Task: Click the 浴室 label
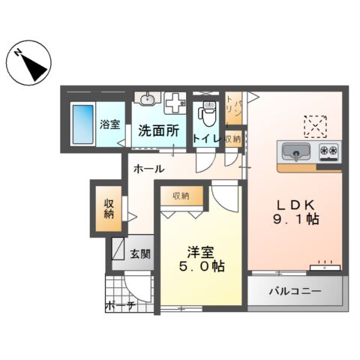point(109,124)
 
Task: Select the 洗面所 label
point(158,130)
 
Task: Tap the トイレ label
point(205,139)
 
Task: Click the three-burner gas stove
point(328,151)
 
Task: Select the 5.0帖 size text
point(200,266)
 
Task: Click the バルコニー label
point(297,291)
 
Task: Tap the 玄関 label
point(140,253)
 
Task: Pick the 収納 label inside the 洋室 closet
point(181,196)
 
